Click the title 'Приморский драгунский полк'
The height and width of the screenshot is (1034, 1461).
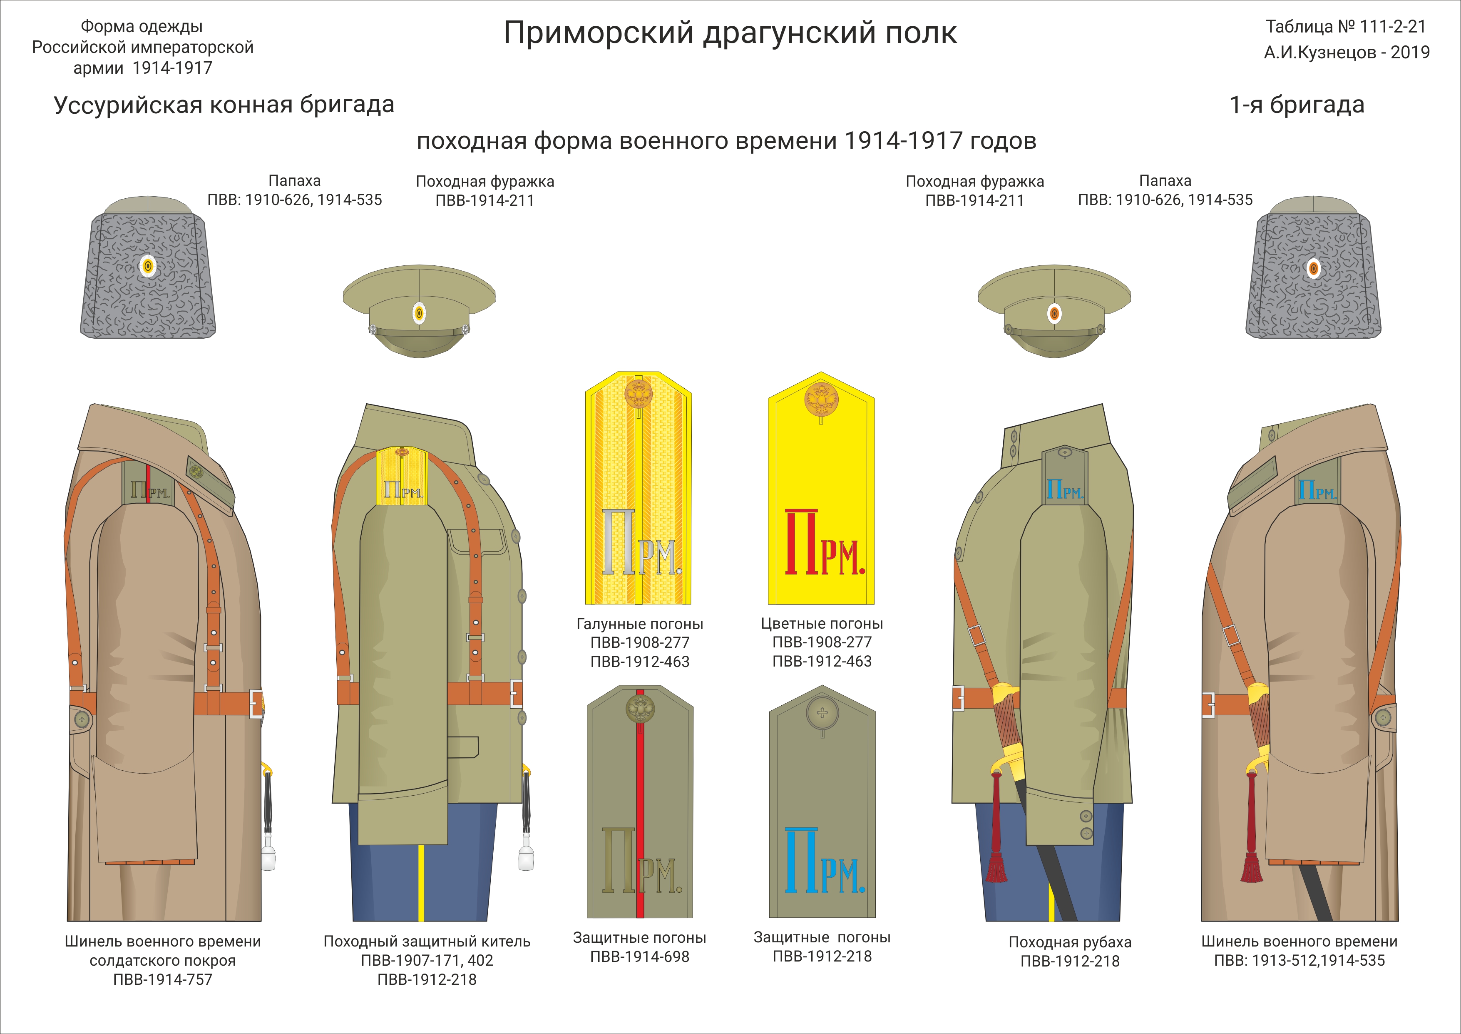click(x=730, y=33)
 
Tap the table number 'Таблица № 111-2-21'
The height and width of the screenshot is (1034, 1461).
click(x=1345, y=27)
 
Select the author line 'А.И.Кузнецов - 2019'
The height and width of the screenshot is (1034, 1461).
click(x=1347, y=52)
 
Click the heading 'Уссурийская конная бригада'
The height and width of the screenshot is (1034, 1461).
click(x=224, y=105)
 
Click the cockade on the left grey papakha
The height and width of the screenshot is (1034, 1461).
click(x=148, y=266)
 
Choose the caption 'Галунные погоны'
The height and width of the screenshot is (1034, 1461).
click(x=639, y=624)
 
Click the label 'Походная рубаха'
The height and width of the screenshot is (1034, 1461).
click(x=1070, y=942)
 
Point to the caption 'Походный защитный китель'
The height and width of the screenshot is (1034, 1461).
click(x=426, y=942)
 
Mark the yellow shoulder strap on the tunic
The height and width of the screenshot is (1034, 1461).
click(x=400, y=476)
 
